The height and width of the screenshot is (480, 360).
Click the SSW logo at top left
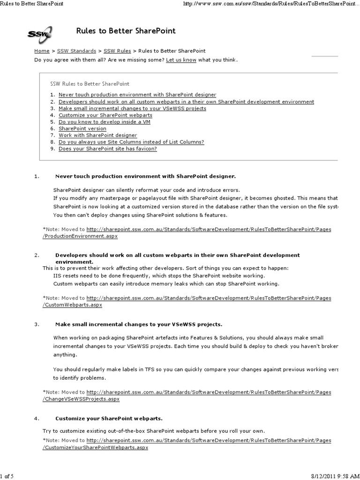(39, 34)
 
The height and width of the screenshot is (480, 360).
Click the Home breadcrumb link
(42, 51)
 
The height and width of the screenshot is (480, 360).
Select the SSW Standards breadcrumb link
(76, 51)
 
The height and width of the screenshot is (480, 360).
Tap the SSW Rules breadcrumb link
(117, 51)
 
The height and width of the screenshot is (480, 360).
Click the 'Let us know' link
(181, 60)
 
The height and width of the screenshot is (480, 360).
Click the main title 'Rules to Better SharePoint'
(126, 31)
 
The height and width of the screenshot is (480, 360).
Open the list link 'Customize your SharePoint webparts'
(105, 115)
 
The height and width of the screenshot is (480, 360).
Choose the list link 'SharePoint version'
(82, 128)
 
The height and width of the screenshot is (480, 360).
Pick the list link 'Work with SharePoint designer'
(97, 135)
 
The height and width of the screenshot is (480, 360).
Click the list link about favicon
(107, 149)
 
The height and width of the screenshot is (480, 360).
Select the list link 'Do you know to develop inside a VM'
(105, 122)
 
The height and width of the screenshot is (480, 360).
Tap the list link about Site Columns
(131, 142)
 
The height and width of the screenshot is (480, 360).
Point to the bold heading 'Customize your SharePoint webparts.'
(109, 418)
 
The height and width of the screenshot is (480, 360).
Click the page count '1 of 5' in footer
(7, 476)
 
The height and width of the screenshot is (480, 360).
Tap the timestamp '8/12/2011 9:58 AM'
(334, 476)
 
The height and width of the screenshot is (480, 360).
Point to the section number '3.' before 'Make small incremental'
(36, 324)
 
